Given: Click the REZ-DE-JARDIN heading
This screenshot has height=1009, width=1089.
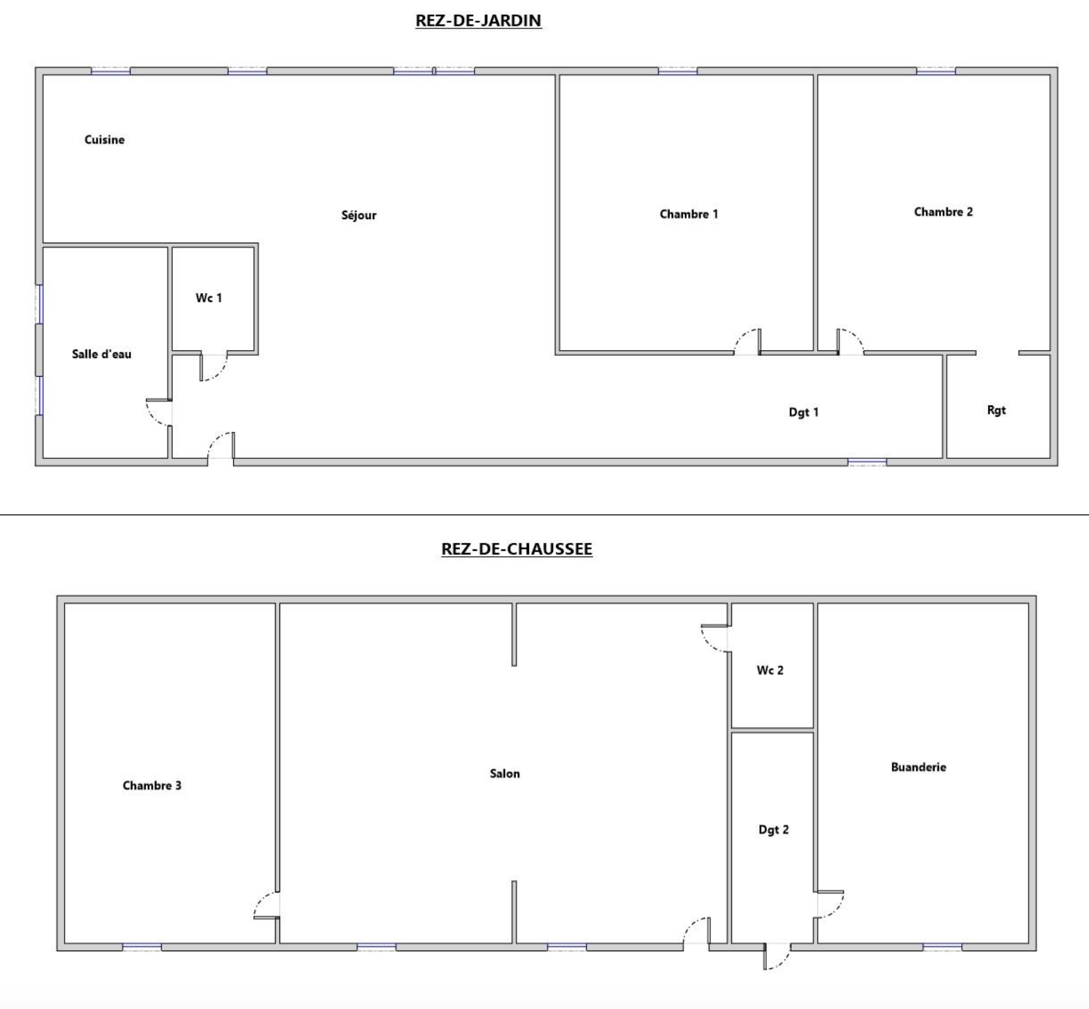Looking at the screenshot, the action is (478, 21).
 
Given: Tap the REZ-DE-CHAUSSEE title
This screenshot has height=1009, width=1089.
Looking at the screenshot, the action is (517, 549).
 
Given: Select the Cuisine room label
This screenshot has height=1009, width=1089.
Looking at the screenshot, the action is (104, 139).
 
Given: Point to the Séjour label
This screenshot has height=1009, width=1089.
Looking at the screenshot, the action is (359, 215).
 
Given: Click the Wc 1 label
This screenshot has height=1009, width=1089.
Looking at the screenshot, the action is (209, 298).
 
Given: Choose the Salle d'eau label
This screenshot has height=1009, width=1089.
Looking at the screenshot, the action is (102, 354).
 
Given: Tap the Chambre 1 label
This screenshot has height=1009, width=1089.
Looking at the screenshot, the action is (689, 214).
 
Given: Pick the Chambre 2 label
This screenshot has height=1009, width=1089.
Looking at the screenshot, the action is (943, 212).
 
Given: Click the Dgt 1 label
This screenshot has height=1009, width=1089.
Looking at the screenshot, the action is (804, 412).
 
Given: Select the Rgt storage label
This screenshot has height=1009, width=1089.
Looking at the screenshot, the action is (997, 410).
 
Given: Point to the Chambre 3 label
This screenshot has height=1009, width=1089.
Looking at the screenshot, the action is (152, 786).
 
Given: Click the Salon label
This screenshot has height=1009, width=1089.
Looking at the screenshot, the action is (505, 773).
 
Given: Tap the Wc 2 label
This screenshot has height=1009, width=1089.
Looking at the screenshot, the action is (770, 670).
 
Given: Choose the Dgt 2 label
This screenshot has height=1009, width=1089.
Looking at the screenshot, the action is (774, 830).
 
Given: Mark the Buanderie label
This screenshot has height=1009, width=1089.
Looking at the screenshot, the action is (919, 767).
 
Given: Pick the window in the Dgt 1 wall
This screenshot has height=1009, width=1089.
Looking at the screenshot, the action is (867, 461).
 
